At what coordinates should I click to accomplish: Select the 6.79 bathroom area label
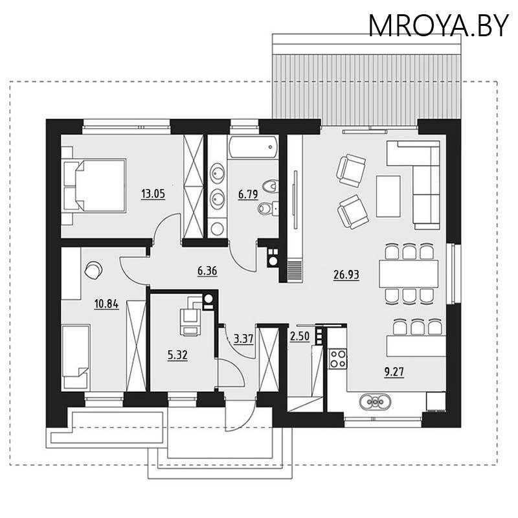[248, 194]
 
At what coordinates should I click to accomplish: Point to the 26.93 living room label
[346, 274]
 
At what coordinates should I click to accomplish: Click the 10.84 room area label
[106, 304]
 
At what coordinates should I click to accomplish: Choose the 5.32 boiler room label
[177, 355]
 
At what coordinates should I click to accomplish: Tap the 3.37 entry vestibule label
[243, 337]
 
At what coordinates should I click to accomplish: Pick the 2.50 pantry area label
[299, 337]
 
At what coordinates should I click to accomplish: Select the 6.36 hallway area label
[207, 271]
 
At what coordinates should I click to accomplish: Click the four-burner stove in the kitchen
[338, 358]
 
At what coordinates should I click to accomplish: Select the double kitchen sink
[376, 401]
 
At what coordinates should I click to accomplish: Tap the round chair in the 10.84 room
[93, 269]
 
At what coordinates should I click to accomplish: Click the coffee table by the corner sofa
[388, 196]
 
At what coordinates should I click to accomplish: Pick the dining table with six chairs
[409, 273]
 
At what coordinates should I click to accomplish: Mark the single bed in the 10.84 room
[76, 357]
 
